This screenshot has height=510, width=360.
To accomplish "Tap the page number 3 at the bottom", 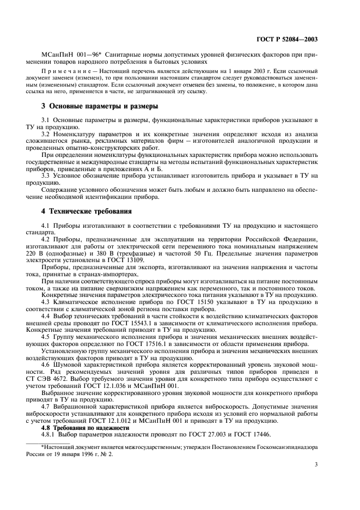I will tap(315, 464).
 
